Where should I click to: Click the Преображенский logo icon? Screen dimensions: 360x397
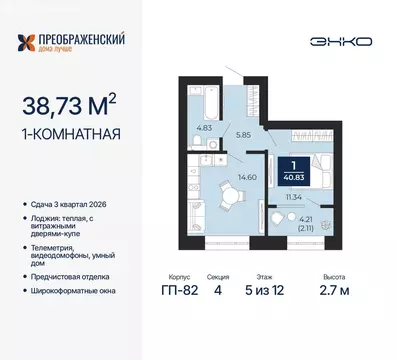(31, 41)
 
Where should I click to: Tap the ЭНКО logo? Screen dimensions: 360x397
(348, 41)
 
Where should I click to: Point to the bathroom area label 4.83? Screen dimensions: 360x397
(203, 128)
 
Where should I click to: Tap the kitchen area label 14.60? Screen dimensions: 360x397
(245, 179)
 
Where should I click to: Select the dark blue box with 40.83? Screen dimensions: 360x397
(294, 170)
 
